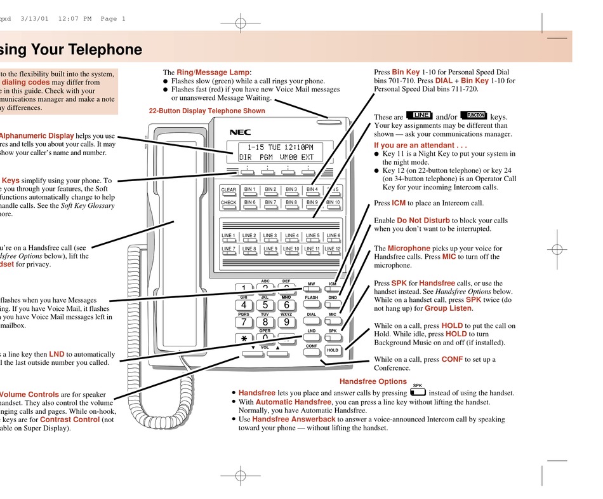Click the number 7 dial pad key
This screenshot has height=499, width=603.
point(244,322)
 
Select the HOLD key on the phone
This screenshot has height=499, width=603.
point(333,350)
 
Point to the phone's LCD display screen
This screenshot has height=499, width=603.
point(276,152)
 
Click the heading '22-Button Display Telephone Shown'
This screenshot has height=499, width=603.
point(207,111)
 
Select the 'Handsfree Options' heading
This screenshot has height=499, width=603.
point(373,381)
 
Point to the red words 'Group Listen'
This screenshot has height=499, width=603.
point(448,308)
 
